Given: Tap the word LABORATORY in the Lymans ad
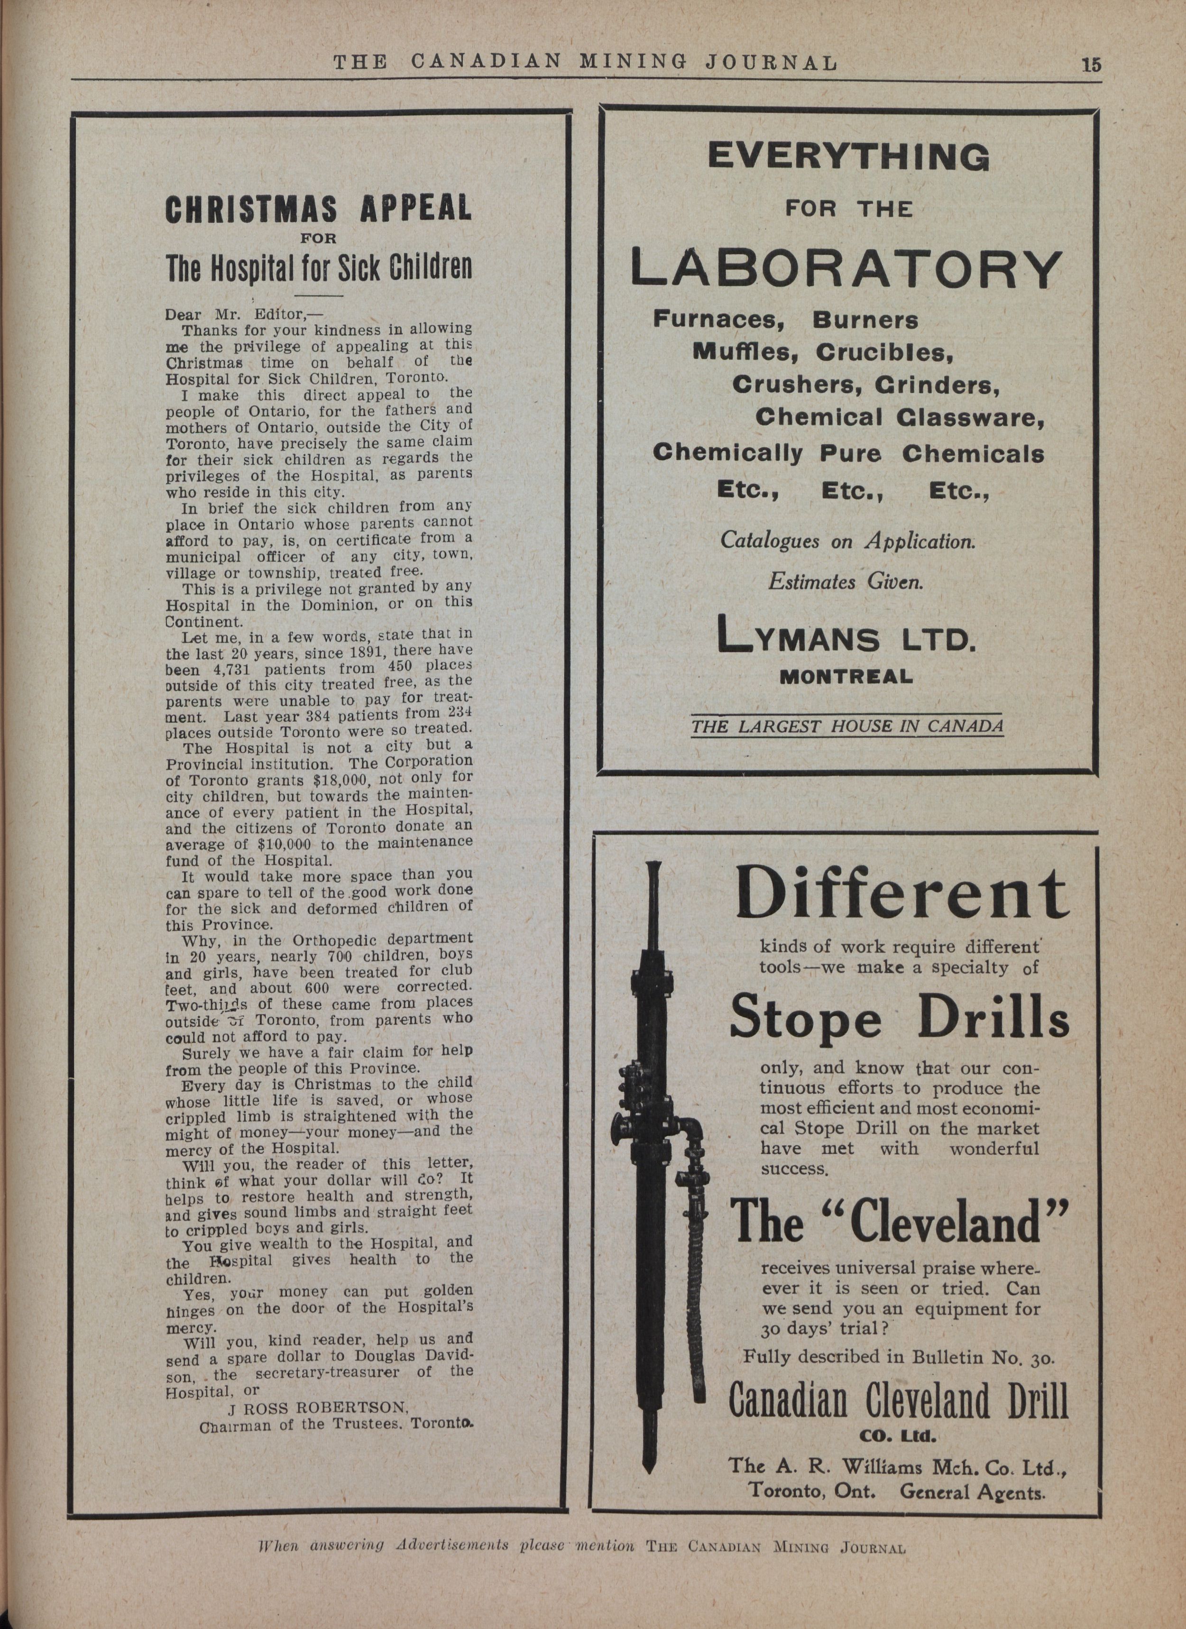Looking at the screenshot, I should pyautogui.click(x=846, y=268).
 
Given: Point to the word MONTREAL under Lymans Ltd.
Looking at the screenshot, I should pyautogui.click(x=846, y=677).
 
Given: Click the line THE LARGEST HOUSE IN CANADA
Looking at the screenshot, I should pyautogui.click(x=847, y=727).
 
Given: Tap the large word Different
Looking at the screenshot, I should pyautogui.click(x=901, y=895).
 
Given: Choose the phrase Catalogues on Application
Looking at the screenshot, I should pyautogui.click(x=848, y=540).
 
